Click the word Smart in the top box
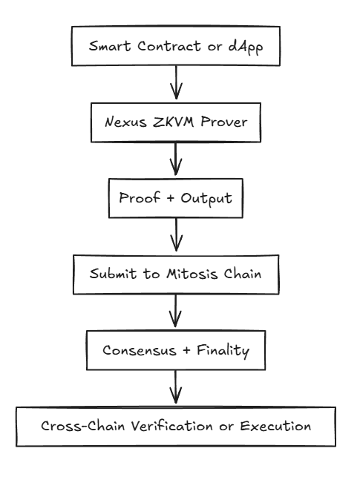coord(110,46)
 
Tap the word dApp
coord(246,47)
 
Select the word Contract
coord(168,46)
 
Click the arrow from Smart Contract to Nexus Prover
coord(176,82)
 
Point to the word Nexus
coord(125,122)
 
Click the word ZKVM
coord(173,122)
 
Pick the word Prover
coord(224,122)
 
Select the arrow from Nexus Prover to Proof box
coord(176,159)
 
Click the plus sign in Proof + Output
coord(171,198)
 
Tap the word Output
coord(206,199)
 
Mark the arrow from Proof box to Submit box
coord(176,234)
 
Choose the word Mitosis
coord(192,273)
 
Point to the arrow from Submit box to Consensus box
coord(176,311)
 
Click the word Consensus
coord(140,350)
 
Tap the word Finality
coord(223,351)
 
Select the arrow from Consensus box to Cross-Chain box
coord(176,387)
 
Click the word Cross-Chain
coord(82,426)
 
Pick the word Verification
coord(172,426)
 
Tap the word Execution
coord(275,426)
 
